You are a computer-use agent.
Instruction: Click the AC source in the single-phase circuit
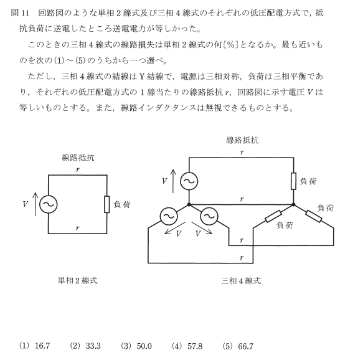49,204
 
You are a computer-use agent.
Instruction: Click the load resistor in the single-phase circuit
106,204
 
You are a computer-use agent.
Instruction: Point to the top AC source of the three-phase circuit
189,181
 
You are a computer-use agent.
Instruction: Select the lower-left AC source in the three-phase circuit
169,216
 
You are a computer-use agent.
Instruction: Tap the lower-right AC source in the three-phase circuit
209,216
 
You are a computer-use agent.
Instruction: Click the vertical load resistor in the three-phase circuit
293,181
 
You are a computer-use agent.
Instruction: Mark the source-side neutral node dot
189,204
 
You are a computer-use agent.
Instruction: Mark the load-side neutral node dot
293,204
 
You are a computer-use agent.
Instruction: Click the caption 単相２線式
78,281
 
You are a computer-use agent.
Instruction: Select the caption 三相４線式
241,281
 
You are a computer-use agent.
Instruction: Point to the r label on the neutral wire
242,199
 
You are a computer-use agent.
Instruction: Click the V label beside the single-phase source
26,204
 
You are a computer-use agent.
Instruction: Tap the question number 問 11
20,13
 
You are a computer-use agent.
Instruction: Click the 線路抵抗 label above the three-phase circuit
242,140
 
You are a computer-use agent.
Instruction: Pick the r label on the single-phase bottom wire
78,229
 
